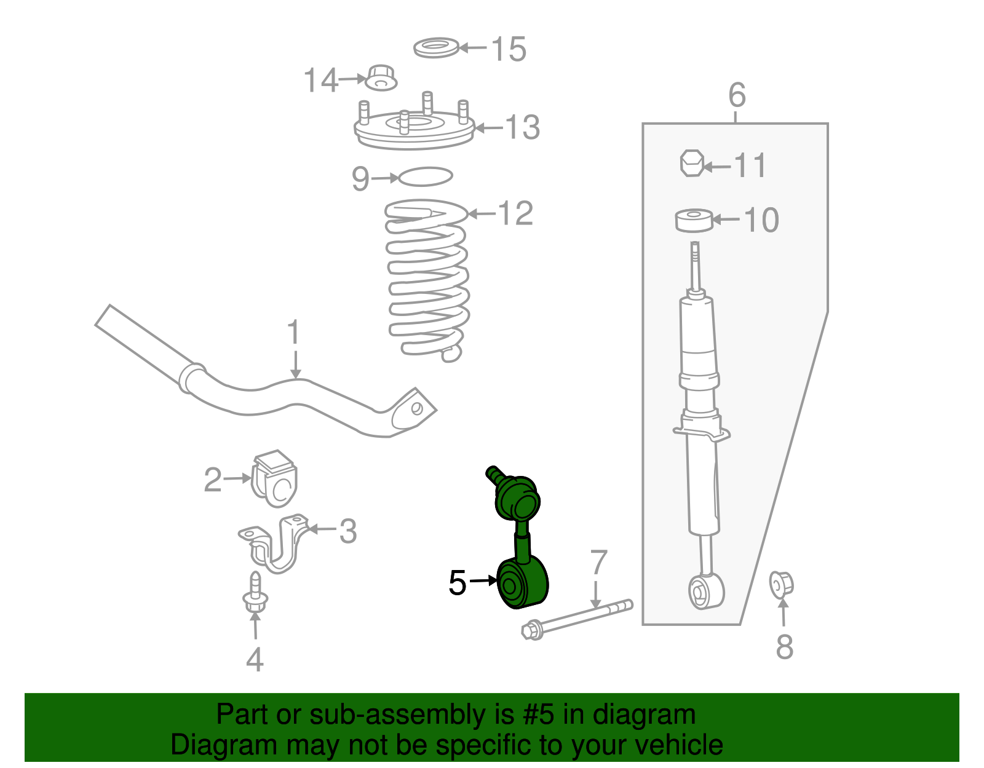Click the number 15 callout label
[x=509, y=49]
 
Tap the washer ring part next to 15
[x=436, y=48]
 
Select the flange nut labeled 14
[x=381, y=77]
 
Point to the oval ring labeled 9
[x=426, y=177]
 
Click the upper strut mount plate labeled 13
[x=413, y=130]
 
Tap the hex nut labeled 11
[x=691, y=163]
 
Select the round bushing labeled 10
[x=694, y=220]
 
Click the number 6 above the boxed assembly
[x=737, y=96]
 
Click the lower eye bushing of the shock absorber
[x=705, y=592]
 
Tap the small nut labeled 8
[x=782, y=584]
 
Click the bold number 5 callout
[x=458, y=582]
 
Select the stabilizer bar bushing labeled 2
[x=274, y=478]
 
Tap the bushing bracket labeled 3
[x=274, y=544]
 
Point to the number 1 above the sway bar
[x=294, y=333]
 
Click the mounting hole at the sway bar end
[x=416, y=408]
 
